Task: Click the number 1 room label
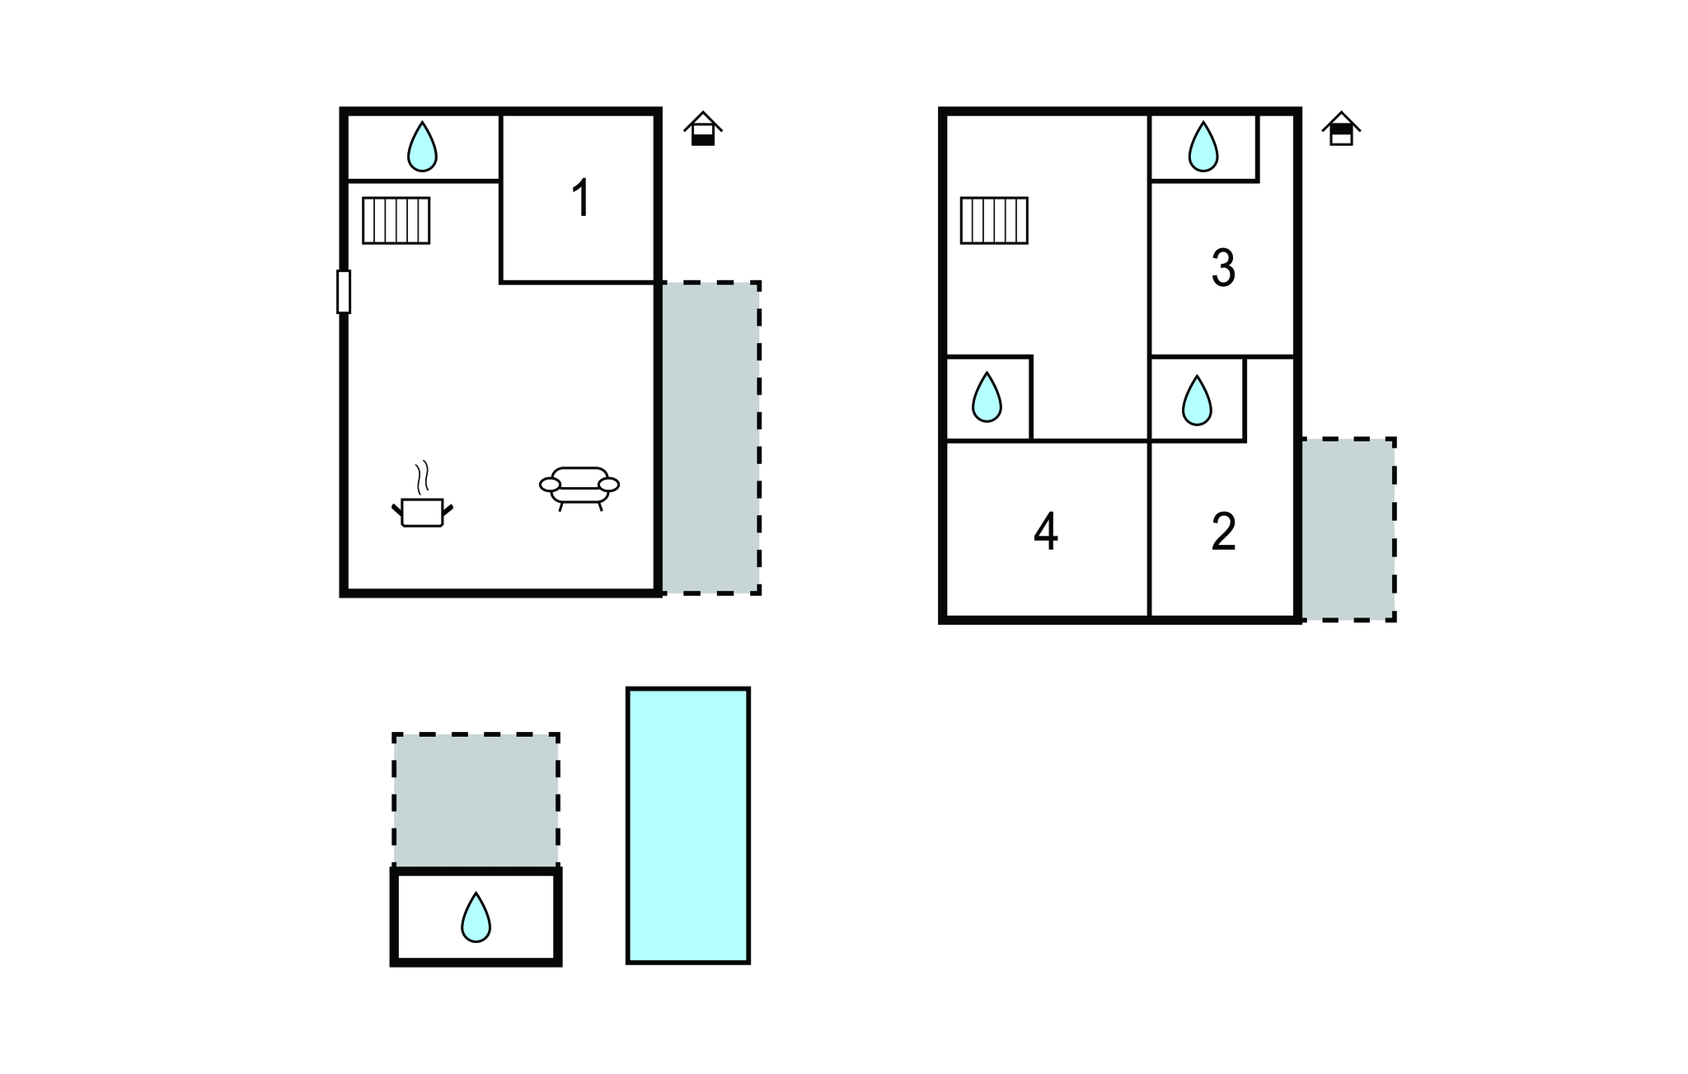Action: tap(582, 199)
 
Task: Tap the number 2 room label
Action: tap(1224, 532)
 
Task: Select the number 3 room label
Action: tap(1223, 268)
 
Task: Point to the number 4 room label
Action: tap(1046, 532)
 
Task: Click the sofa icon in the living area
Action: tap(579, 488)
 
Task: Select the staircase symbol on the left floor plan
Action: tap(396, 220)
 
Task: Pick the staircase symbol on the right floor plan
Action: tap(994, 220)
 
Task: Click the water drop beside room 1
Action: tap(422, 147)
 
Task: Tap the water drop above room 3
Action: tap(1203, 147)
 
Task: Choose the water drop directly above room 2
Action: tap(1197, 401)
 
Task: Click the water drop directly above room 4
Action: tap(987, 397)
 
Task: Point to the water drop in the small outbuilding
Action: tap(476, 917)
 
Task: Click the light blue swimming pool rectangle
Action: tap(688, 825)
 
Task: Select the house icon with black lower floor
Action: tap(703, 129)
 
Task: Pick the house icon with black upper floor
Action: tap(1342, 129)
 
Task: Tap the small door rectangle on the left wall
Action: tap(344, 292)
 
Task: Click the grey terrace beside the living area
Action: tap(710, 438)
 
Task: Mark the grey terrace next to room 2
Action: tap(1348, 529)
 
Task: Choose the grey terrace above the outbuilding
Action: tap(476, 800)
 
